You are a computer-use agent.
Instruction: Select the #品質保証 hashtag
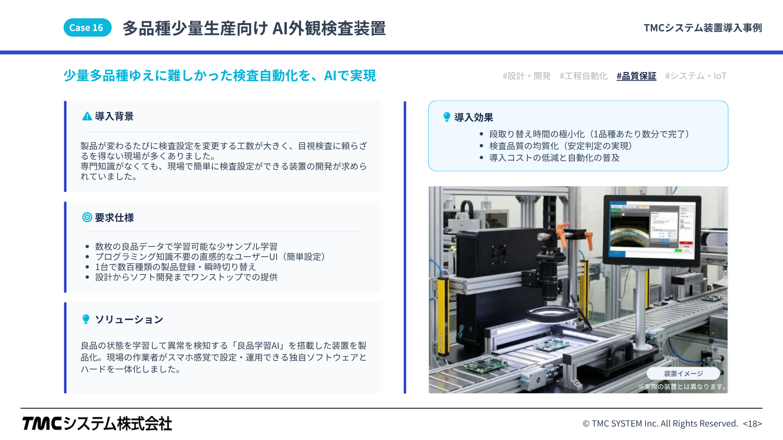tap(636, 76)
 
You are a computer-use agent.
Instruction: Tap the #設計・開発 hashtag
tap(526, 76)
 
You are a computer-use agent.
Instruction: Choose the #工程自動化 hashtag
tap(584, 76)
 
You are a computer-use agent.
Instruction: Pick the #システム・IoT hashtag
tap(696, 76)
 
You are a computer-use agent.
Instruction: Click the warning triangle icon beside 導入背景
tap(87, 117)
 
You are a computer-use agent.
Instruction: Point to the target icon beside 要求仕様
tap(87, 218)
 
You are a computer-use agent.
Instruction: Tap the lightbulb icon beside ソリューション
tap(86, 319)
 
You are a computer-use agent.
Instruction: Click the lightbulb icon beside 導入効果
tap(447, 117)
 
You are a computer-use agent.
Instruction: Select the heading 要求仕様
tap(114, 218)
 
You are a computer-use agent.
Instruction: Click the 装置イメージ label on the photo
tap(683, 374)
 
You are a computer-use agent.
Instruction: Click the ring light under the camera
tap(551, 314)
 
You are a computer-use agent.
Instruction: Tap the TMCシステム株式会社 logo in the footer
tap(97, 424)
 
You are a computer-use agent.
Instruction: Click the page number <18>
tap(752, 424)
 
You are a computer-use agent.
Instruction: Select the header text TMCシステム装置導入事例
tap(703, 28)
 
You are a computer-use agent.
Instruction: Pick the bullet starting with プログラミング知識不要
tap(210, 257)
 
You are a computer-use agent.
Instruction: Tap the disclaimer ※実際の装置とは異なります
tap(683, 387)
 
